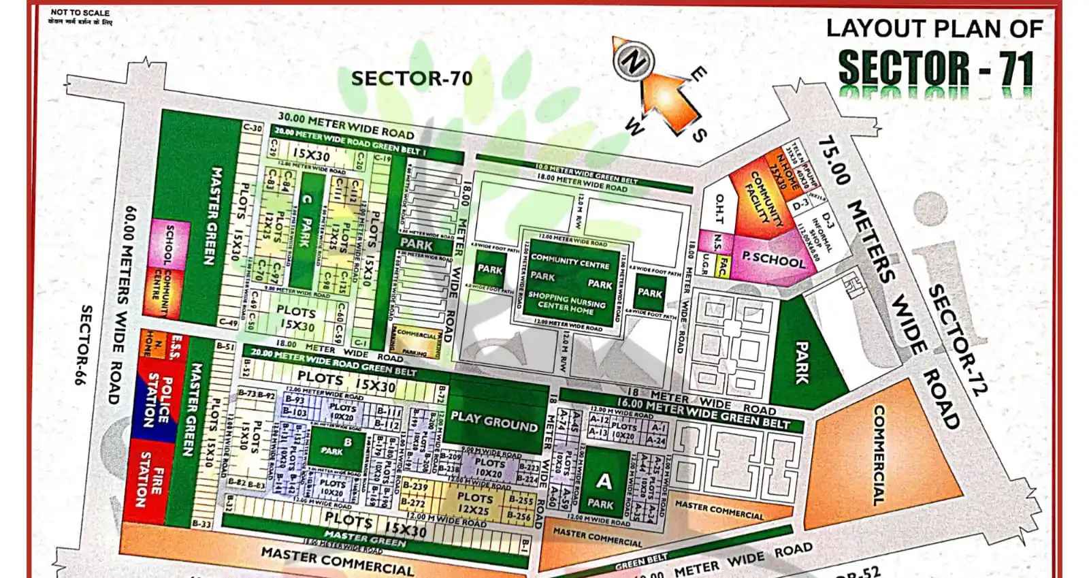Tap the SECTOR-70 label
pyautogui.click(x=411, y=78)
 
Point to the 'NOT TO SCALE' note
pyautogui.click(x=80, y=12)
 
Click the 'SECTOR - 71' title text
pyautogui.click(x=936, y=68)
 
